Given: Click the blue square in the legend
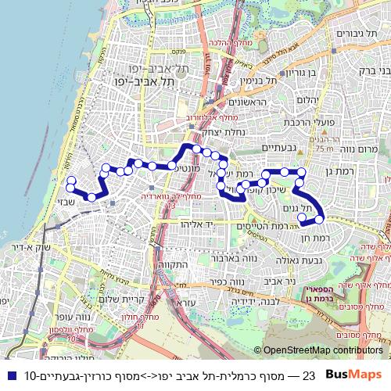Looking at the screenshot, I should pyautogui.click(x=9, y=375).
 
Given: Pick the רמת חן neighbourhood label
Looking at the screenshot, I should pyautogui.click(x=317, y=236).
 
